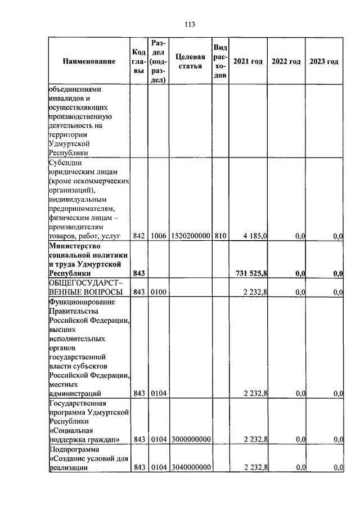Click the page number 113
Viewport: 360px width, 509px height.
[189, 24]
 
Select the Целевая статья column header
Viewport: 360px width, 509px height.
[190, 61]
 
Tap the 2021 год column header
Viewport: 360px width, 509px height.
[248, 61]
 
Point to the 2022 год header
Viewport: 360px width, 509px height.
[286, 61]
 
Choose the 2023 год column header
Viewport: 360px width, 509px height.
[324, 61]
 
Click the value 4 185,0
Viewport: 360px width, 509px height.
[255, 237]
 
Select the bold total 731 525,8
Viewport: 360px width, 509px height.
[251, 273]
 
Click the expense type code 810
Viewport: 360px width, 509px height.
[220, 237]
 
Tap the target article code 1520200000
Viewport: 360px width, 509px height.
[190, 237]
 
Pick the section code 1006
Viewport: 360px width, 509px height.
[159, 237]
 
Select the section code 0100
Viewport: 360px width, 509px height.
[159, 292]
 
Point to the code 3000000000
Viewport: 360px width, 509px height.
[190, 439]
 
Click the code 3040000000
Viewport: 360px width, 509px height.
[190, 467]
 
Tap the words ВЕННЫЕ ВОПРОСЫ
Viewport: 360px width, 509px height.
[85, 292]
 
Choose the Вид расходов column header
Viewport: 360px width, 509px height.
[220, 61]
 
